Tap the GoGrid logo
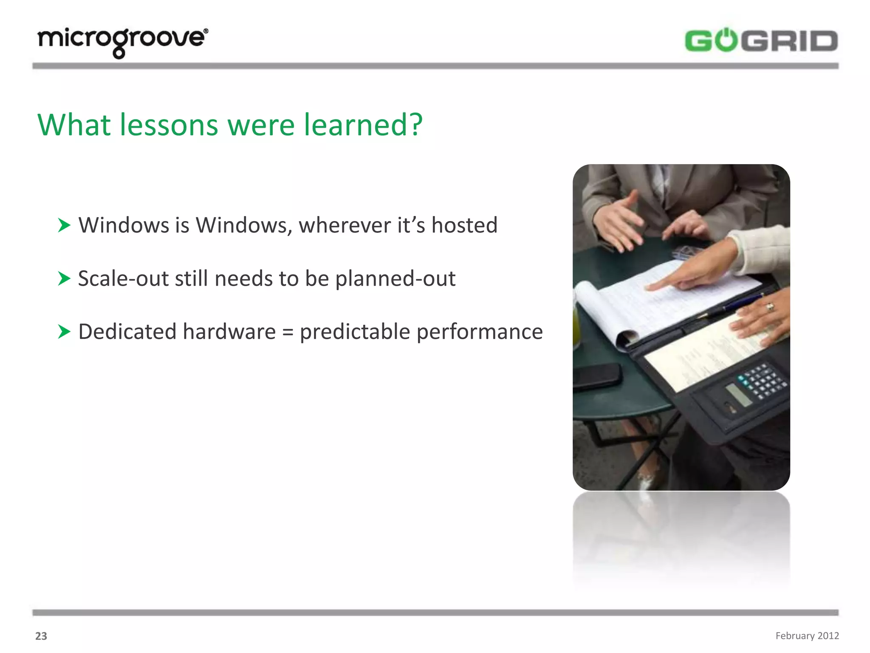[761, 41]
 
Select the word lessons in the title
[169, 125]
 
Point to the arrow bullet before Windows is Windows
[64, 225]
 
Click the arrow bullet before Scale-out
[64, 278]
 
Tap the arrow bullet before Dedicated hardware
[64, 332]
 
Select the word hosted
[464, 225]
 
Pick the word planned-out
[395, 279]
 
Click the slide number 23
[41, 636]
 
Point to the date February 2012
[807, 636]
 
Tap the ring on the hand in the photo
[770, 307]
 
